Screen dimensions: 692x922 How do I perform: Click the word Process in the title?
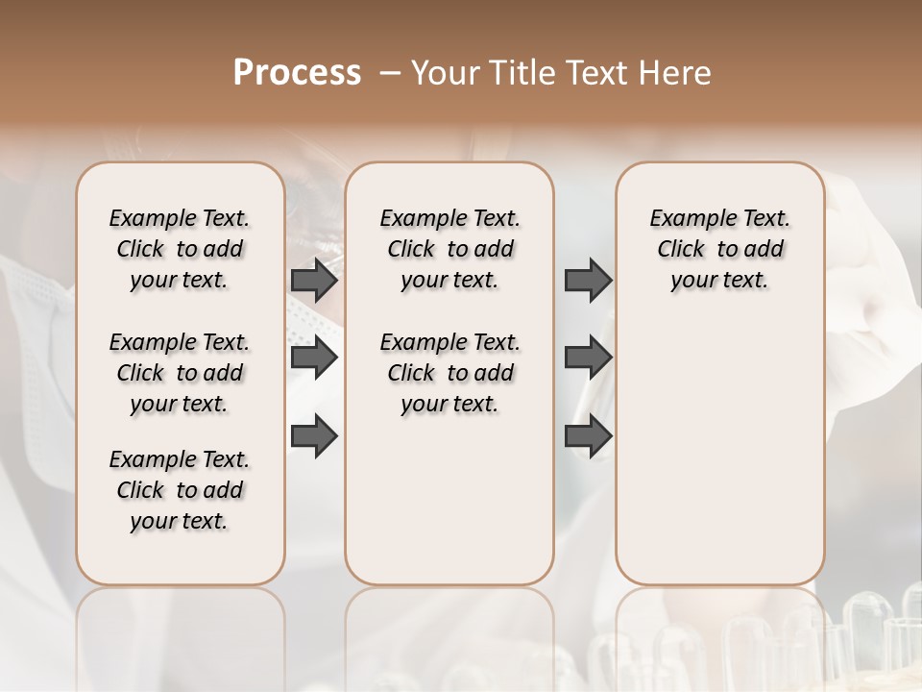tap(297, 73)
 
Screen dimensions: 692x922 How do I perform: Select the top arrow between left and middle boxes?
tap(314, 281)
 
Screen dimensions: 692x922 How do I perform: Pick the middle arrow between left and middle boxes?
tap(314, 358)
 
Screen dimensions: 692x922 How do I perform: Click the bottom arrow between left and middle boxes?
tap(314, 435)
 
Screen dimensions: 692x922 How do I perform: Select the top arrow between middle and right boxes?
tap(588, 281)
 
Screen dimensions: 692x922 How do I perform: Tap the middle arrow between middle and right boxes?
tap(588, 358)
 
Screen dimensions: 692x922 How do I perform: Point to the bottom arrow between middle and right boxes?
tap(588, 435)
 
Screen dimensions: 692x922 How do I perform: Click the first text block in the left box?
tap(180, 249)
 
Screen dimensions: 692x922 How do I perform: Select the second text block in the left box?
tap(180, 373)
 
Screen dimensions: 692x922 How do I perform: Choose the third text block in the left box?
tap(180, 490)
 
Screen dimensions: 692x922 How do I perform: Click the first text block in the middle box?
tap(449, 249)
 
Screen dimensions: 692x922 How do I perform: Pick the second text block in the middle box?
tap(449, 373)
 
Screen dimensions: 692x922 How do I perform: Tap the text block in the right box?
tap(719, 249)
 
